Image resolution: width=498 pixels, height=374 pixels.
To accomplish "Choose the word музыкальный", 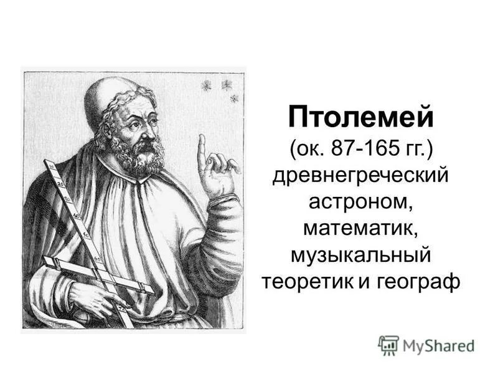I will pos(360,254).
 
